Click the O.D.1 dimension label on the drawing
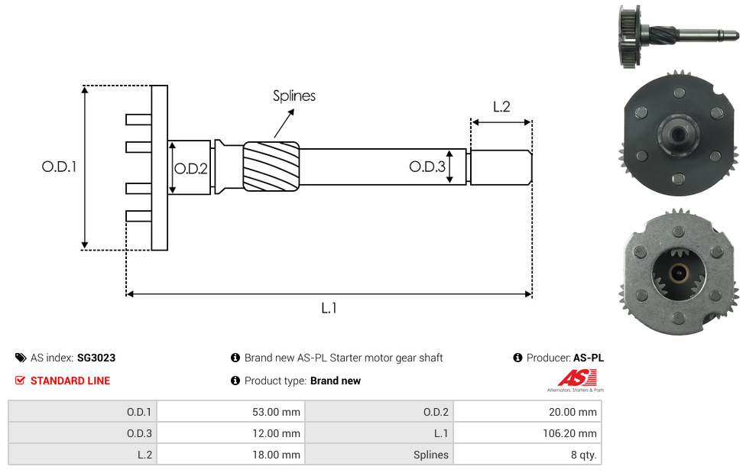pos(59,166)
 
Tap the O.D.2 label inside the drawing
pos(190,169)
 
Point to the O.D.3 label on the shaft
pos(427,167)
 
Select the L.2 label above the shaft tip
pos(501,107)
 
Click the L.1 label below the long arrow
pos(329,308)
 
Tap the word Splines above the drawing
pos(294,96)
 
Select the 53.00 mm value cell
pos(230,412)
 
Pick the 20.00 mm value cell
pos(527,412)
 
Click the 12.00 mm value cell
pos(230,433)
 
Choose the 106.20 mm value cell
pos(527,433)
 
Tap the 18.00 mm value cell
pos(230,455)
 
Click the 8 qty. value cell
pos(527,455)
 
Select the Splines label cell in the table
pos(379,455)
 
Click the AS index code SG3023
pos(96,358)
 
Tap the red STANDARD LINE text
pos(70,381)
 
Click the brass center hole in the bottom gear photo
pos(678,271)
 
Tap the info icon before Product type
pos(235,381)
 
